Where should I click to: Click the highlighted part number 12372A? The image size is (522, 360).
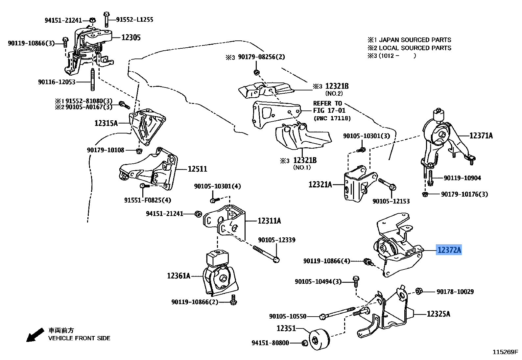(449, 251)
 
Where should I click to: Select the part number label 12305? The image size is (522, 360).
(131, 37)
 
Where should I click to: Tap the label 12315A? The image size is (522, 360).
(106, 123)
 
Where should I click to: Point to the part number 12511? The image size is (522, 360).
(197, 169)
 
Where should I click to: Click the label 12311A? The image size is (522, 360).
(269, 221)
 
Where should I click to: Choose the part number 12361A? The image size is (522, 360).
(178, 276)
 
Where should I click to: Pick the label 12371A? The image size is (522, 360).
(481, 135)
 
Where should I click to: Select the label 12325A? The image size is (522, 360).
(438, 314)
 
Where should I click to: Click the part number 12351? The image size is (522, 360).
(286, 328)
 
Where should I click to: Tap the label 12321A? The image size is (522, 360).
(320, 184)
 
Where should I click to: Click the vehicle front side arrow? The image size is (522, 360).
(35, 335)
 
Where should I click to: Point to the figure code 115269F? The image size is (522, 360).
(505, 352)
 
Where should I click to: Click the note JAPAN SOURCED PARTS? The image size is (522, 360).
(415, 40)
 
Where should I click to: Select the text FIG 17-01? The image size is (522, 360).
(329, 110)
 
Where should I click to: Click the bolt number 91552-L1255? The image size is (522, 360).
(134, 20)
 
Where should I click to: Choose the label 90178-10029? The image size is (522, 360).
(455, 292)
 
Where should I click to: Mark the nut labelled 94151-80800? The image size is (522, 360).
(304, 343)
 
